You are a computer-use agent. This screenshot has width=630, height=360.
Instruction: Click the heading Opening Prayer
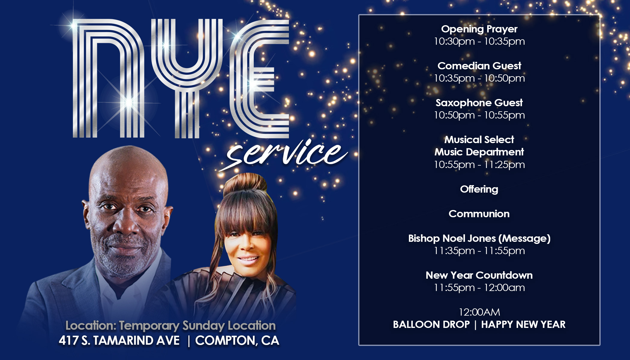[479, 29]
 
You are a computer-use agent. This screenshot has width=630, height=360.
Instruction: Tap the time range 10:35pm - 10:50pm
[479, 78]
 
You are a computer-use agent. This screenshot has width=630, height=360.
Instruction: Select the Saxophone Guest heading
[479, 103]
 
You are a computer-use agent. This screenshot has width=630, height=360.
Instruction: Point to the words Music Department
[479, 152]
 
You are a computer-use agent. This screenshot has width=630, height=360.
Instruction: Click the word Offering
[479, 189]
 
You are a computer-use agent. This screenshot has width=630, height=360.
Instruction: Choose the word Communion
[479, 214]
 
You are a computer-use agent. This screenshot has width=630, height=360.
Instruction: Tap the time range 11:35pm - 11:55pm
[479, 250]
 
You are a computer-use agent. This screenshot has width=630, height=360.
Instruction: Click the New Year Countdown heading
[479, 275]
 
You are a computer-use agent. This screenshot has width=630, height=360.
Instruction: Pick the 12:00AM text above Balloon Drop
[479, 312]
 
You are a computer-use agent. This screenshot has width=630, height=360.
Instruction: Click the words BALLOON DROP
[431, 324]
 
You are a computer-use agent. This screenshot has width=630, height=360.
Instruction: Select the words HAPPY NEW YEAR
[523, 324]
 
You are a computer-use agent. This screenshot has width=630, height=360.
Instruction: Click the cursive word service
[283, 154]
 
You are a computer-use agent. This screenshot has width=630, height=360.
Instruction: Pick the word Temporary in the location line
[149, 325]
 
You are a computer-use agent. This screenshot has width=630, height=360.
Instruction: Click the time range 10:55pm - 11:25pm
[479, 164]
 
